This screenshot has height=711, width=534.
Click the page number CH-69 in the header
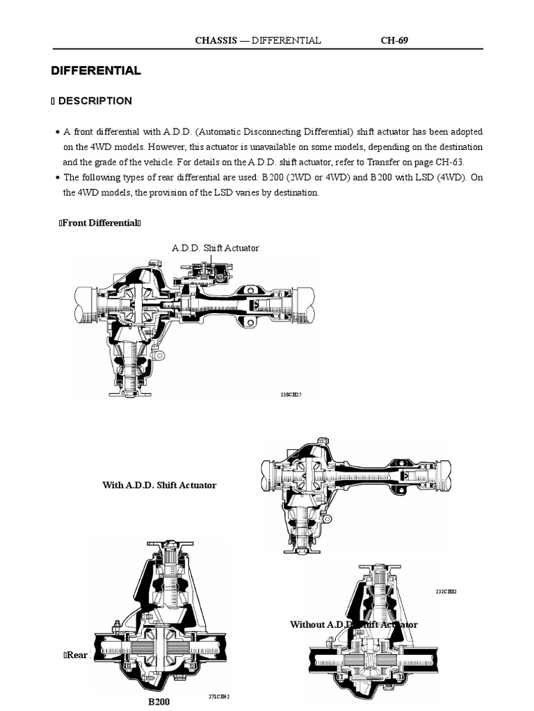[394, 40]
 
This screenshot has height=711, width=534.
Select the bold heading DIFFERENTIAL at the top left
[96, 71]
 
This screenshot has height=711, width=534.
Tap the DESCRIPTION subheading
[95, 101]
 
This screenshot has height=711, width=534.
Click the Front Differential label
[101, 223]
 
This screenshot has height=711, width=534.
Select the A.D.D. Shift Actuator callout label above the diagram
[215, 248]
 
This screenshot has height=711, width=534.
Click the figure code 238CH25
[291, 394]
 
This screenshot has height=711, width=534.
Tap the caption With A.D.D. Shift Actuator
[159, 485]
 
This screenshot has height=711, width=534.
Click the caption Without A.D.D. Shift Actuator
[353, 625]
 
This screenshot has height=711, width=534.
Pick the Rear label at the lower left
[76, 655]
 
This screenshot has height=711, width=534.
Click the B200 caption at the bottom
[159, 702]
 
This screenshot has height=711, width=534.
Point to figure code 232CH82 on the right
[446, 592]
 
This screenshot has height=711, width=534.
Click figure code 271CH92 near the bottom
[219, 696]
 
